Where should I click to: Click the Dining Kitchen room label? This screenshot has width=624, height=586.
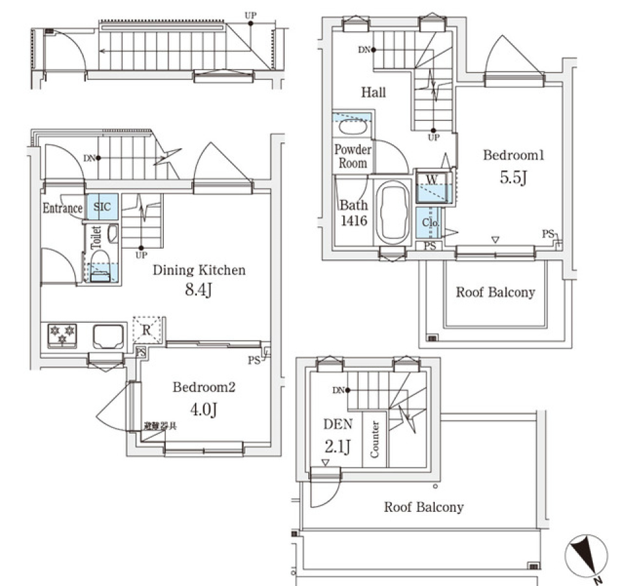click(199, 270)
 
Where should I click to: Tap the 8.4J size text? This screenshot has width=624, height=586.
click(199, 290)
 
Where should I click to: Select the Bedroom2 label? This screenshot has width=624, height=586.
click(203, 388)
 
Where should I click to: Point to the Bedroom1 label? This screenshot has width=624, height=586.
click(513, 156)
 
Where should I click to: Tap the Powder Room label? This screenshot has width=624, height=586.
click(352, 156)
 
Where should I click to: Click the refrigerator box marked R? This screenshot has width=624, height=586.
click(147, 330)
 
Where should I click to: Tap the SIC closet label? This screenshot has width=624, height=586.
click(101, 208)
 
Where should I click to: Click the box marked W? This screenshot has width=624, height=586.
click(430, 179)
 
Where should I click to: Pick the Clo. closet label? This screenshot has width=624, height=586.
click(430, 223)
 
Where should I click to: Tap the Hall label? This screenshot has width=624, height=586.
click(373, 93)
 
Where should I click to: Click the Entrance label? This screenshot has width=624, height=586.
click(62, 209)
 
